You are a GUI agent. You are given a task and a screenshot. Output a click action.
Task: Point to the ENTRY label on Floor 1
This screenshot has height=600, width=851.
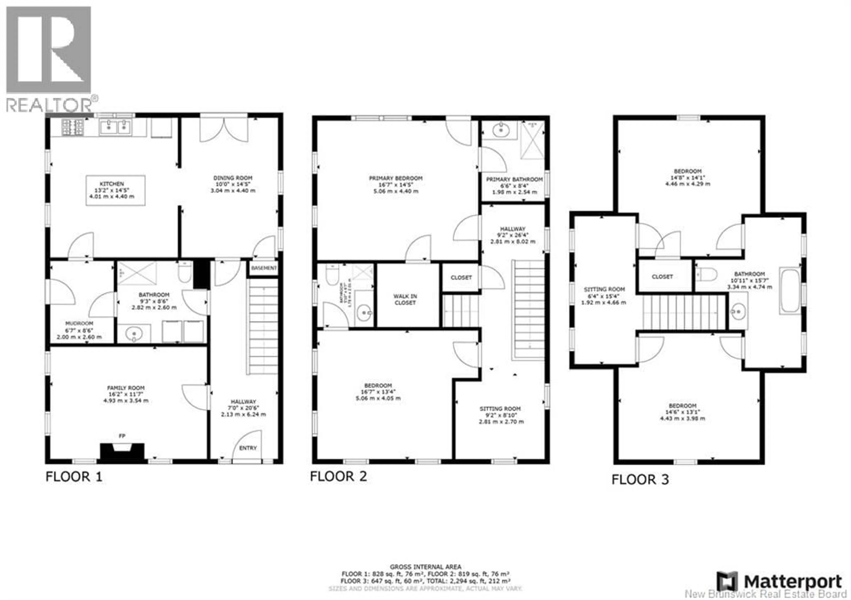click(x=248, y=448)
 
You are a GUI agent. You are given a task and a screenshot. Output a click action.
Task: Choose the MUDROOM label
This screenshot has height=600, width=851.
click(x=79, y=323)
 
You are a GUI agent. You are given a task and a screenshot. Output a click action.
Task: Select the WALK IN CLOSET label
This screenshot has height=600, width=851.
click(x=405, y=299)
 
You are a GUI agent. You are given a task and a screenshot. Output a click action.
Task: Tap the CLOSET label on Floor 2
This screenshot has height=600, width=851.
click(x=461, y=277)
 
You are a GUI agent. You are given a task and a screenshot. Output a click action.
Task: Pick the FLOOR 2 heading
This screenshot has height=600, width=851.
click(x=338, y=476)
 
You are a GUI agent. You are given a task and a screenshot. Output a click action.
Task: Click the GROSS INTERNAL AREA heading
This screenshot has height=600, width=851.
click(x=425, y=567)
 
